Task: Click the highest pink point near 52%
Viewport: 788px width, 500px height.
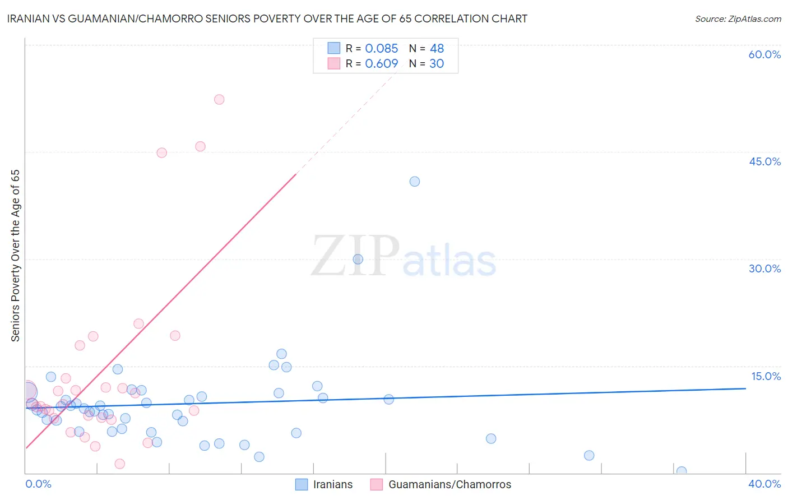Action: tap(219, 99)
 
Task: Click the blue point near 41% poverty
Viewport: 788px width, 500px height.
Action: tap(415, 181)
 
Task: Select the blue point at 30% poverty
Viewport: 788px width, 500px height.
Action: tap(358, 259)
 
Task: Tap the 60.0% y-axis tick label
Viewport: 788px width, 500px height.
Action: tap(764, 54)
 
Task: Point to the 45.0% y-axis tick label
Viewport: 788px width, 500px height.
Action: tap(764, 161)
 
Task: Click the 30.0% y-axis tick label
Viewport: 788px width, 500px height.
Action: tap(764, 268)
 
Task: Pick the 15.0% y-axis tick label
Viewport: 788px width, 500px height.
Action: tap(766, 376)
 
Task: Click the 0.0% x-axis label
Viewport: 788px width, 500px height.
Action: tap(38, 484)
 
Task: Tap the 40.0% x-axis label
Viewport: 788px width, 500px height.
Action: tap(764, 484)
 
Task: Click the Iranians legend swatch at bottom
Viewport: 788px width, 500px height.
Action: tap(302, 484)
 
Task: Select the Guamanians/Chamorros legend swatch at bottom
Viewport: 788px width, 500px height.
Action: tap(377, 484)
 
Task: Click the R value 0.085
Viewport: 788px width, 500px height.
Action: tap(381, 49)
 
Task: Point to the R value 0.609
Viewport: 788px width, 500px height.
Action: tap(381, 64)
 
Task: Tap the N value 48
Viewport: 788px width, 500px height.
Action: tap(437, 49)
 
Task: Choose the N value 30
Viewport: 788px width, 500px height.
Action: tap(437, 64)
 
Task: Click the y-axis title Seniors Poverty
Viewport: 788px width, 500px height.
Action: tap(15, 255)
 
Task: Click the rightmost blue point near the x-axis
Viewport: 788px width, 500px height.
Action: tap(682, 471)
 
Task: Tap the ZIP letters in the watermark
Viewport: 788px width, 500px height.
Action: tap(355, 256)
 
